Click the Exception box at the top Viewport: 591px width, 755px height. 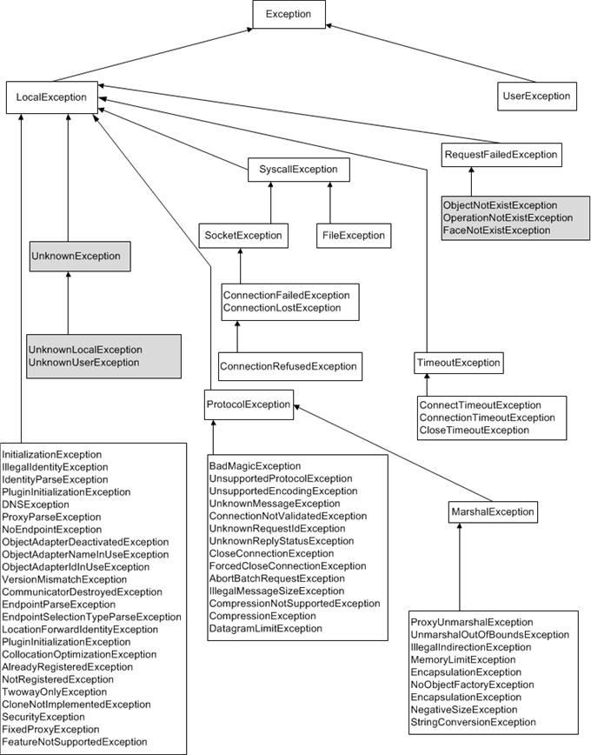tap(288, 14)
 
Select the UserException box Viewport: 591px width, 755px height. tap(537, 95)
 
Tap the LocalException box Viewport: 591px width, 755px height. tap(51, 97)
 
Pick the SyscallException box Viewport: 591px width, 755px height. tap(298, 169)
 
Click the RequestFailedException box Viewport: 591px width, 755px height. tap(501, 155)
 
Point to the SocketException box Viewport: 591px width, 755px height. tap(243, 235)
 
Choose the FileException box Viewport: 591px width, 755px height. tap(350, 235)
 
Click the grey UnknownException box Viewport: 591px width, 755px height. tap(80, 256)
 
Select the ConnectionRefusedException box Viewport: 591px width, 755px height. tap(289, 366)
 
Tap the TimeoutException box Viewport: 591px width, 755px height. tap(459, 362)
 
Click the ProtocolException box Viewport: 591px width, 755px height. tap(249, 404)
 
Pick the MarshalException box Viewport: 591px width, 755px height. tap(491, 511)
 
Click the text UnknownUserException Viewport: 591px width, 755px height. tap(83, 362)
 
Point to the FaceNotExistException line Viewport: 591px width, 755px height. tap(496, 231)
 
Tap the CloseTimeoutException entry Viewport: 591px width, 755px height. tap(474, 430)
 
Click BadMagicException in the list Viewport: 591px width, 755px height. tap(255, 466)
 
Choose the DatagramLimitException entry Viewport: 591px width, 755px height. tap(266, 628)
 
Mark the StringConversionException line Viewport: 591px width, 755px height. tap(474, 722)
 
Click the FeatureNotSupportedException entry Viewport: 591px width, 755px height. tap(75, 741)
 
